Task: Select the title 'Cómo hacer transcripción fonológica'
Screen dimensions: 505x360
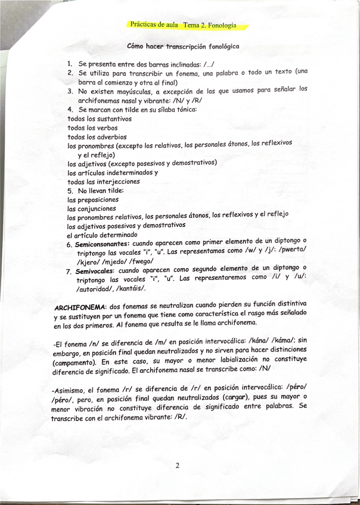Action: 184,46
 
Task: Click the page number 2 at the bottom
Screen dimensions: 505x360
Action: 177,466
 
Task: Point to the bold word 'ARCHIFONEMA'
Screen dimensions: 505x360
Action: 77,307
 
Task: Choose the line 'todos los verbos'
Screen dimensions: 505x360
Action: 92,128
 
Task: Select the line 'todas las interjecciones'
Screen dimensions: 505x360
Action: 104,182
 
